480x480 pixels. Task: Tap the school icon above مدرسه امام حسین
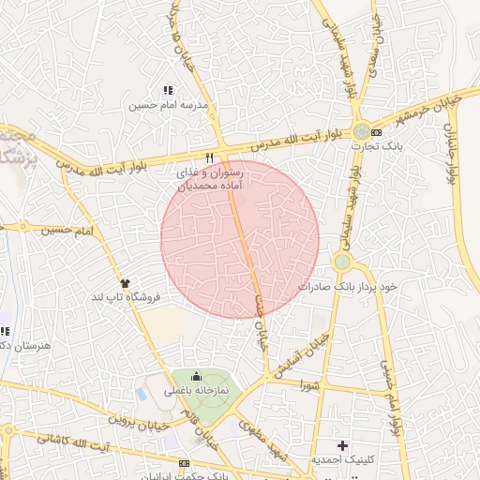point(168,91)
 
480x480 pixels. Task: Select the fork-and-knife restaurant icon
point(210,157)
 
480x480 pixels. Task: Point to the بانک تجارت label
point(362,145)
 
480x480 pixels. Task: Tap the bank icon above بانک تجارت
point(377,131)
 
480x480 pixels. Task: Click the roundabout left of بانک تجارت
point(360,132)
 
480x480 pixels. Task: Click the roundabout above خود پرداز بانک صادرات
point(341,262)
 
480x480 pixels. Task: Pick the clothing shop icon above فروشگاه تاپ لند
point(125,281)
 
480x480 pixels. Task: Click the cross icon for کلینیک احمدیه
point(342,444)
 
